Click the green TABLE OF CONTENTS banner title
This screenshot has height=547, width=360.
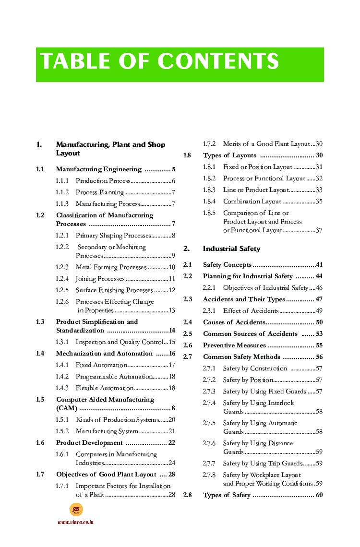coord(159,62)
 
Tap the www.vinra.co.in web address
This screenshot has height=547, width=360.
coord(75,522)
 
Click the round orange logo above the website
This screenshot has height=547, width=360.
coord(76,510)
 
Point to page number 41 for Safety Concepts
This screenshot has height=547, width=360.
coord(319,265)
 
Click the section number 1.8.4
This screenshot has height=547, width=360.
coord(209,202)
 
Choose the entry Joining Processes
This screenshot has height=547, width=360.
coord(100,279)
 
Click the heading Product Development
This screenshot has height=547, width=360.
coord(89,443)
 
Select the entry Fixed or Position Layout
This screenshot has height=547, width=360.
coord(257,167)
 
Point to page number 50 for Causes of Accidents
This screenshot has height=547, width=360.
coord(319,322)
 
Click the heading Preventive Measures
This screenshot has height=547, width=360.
coord(234,345)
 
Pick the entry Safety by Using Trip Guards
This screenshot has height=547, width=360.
coord(263,464)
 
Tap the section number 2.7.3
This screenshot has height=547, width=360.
coord(209,392)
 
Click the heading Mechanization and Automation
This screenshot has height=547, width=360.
coord(104,354)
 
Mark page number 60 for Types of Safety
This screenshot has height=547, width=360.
coord(319,495)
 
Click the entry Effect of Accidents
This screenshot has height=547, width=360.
coord(251,311)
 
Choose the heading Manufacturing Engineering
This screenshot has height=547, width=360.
coord(99,169)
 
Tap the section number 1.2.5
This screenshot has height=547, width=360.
coord(62,290)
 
